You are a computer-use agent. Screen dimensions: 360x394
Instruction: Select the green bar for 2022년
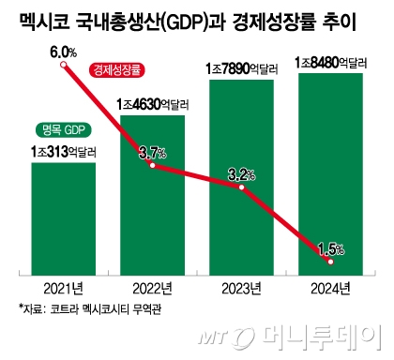[x=152, y=225]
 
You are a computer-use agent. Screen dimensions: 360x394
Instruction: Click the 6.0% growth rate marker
[x=62, y=65]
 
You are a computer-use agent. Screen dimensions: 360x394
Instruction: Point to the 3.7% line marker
[x=152, y=165]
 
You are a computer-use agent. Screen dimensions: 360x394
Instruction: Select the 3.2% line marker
[x=241, y=187]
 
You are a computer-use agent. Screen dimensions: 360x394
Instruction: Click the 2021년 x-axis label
[x=63, y=286]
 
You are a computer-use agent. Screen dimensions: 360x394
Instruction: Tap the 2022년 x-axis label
[x=152, y=286]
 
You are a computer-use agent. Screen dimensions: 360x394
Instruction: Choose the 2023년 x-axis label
[x=241, y=286]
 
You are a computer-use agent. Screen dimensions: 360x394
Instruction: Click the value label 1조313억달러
[x=63, y=150]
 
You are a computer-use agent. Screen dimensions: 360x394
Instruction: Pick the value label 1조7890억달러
[x=241, y=68]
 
